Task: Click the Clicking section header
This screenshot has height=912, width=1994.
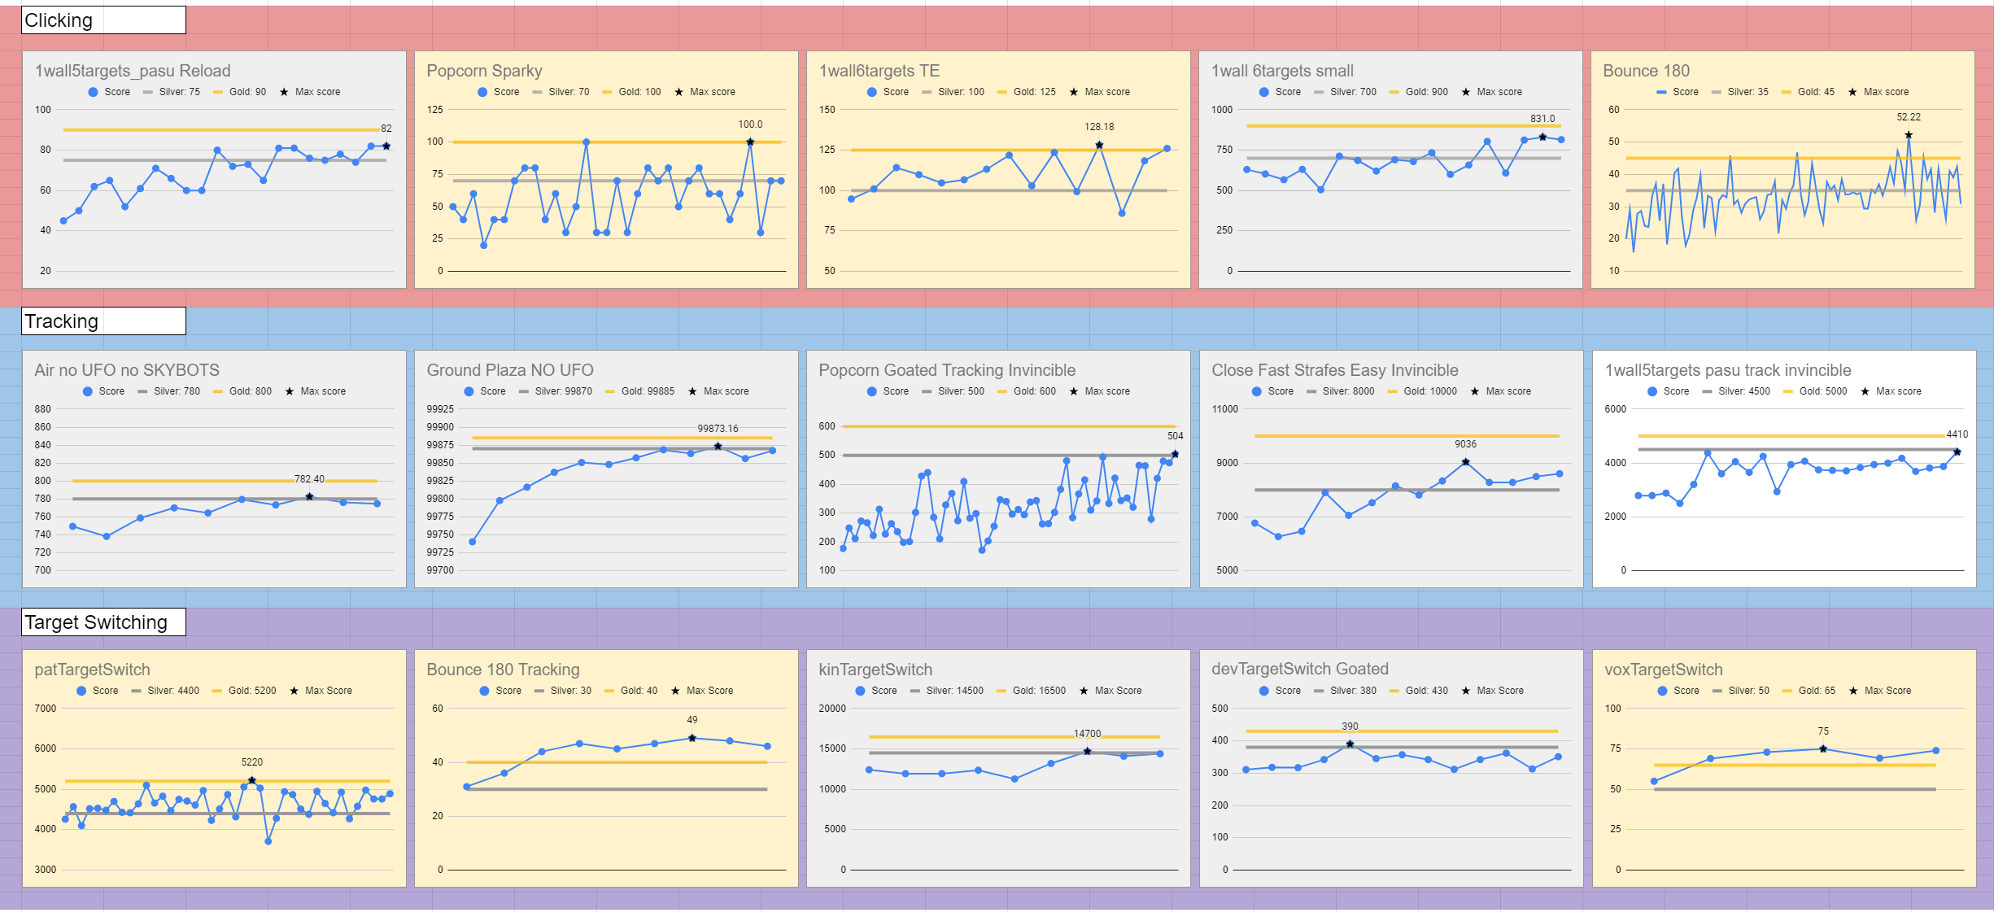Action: click(x=59, y=20)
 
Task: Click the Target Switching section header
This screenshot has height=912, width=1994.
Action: click(x=96, y=622)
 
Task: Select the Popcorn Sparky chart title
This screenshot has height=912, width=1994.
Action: click(x=484, y=71)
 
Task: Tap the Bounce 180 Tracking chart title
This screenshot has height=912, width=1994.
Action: click(x=503, y=670)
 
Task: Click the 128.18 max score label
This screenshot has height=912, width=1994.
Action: click(x=1099, y=127)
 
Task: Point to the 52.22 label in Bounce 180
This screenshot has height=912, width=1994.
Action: click(x=1909, y=117)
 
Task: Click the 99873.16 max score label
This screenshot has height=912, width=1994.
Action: click(x=718, y=429)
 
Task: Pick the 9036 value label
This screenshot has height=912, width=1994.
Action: click(x=1465, y=444)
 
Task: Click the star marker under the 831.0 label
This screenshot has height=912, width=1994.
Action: click(x=1542, y=137)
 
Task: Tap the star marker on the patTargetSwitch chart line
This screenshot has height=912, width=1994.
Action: click(x=252, y=780)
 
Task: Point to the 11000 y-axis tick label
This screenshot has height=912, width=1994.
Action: click(x=1224, y=409)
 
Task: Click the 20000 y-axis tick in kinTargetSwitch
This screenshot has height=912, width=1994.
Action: click(x=832, y=709)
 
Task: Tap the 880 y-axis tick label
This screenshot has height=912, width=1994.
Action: click(x=42, y=409)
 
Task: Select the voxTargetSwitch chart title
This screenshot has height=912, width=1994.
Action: click(x=1663, y=670)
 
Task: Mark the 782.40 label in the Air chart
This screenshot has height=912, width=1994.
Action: click(x=309, y=479)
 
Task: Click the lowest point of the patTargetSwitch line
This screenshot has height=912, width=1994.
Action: click(x=268, y=841)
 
